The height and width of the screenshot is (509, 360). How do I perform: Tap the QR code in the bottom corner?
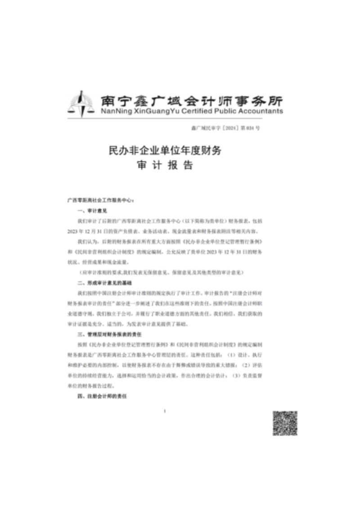[285, 423]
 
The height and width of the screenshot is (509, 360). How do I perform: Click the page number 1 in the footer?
[165, 411]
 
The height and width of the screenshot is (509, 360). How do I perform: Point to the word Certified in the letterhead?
[184, 111]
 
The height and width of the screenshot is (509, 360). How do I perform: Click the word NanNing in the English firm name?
[105, 111]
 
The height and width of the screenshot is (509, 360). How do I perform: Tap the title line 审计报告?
[165, 165]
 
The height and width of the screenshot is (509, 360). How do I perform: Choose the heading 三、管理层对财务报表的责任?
[109, 334]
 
